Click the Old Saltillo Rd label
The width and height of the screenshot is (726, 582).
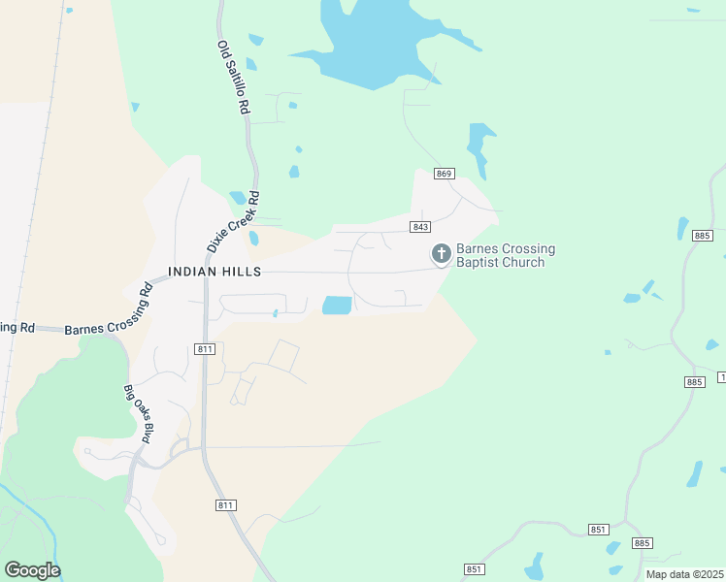pos(234,78)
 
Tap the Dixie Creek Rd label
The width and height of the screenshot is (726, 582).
pos(234,219)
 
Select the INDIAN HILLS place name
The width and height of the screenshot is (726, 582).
pos(214,272)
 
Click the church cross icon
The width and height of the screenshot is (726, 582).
pos(441,254)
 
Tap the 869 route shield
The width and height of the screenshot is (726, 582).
pos(445,174)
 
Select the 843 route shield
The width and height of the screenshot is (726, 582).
pos(420,227)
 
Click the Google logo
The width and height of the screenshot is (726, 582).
pos(32,570)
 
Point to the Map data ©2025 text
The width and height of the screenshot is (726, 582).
pos(684,574)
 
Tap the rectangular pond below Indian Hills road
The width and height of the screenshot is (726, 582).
pos(336,306)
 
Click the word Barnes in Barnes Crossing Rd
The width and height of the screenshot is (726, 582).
pos(84,329)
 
